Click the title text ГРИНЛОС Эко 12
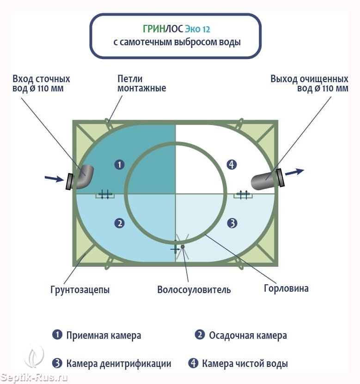pos(176,29)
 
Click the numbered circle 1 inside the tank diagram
pos(119,164)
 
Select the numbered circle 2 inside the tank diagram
pos(119,223)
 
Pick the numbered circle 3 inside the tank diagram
pos(232,223)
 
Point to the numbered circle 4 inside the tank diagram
pos(232,164)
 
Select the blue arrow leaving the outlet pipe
pos(294,172)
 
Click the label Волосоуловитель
pos(194,290)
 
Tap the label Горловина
pos(286,289)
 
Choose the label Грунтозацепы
pos(80,290)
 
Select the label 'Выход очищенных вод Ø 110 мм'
pos(309,83)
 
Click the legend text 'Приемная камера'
pos(103,336)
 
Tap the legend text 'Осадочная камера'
pos(247,336)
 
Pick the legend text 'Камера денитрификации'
pos(118,363)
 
